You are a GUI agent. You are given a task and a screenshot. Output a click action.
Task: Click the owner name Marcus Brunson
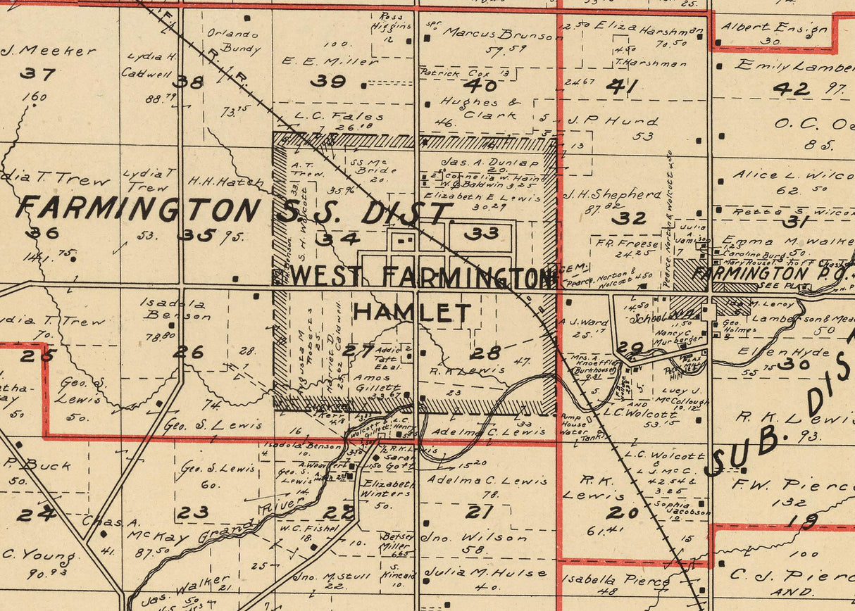point(497,33)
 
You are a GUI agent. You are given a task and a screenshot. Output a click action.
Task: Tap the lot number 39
point(328,81)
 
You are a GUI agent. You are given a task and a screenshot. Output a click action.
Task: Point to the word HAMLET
point(412,312)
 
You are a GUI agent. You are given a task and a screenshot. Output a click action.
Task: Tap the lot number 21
point(480,512)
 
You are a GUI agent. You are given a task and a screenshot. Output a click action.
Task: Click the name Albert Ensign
point(774,28)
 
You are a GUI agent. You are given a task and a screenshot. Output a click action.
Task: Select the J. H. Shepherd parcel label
point(613,194)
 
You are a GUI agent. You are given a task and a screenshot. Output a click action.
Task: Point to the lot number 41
point(623,87)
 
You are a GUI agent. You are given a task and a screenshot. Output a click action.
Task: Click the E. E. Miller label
point(330,61)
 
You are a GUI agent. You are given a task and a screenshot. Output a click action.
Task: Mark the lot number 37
point(37,73)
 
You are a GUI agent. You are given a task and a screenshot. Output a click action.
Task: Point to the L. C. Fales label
point(339,117)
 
